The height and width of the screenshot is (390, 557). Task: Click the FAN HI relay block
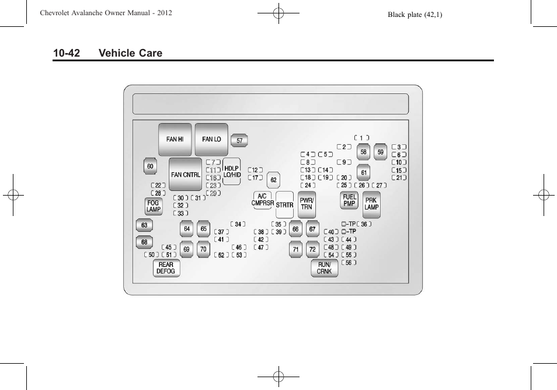point(175,140)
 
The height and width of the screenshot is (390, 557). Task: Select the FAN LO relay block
point(211,140)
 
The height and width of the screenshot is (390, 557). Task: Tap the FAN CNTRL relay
point(186,175)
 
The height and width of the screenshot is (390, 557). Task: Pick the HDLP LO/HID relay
point(232,172)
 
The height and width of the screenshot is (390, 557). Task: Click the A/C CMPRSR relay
point(263,200)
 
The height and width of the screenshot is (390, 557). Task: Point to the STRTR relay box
point(284,205)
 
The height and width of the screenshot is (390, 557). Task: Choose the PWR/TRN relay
point(307,204)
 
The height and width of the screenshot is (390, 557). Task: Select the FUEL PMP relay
point(349,200)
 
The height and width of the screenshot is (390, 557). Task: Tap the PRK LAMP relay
point(371,204)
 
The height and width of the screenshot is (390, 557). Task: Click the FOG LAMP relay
point(153,206)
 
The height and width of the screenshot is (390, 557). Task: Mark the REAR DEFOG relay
point(166,268)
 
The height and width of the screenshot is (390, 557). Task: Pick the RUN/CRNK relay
point(324,268)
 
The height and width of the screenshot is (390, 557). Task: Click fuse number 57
point(239,141)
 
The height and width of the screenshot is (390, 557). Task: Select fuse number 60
point(150,166)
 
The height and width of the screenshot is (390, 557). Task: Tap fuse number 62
point(273,180)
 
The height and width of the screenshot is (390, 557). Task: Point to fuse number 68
point(144,242)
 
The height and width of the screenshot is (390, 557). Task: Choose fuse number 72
point(312,249)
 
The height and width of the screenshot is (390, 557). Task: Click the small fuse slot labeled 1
point(361,138)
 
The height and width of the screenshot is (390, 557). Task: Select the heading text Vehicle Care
point(131,53)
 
